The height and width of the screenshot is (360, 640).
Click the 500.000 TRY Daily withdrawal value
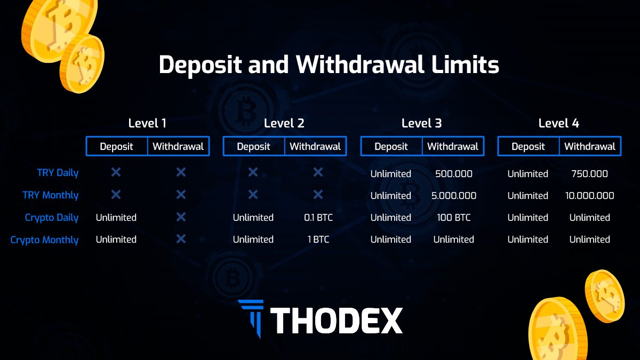pos(453,174)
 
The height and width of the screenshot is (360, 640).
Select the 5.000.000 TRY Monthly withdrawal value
pos(453,196)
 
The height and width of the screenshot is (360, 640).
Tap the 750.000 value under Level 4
pos(589,174)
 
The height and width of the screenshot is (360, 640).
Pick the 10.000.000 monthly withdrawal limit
pos(589,196)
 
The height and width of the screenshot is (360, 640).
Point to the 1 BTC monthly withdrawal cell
pos(318,239)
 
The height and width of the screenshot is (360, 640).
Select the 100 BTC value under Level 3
pos(453,218)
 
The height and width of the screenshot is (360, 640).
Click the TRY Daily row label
pos(58,173)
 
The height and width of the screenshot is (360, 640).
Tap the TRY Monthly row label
pos(51,195)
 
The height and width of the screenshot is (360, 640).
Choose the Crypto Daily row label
pos(52,218)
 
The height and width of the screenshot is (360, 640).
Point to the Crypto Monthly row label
pos(44,240)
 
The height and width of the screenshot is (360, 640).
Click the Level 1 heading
pos(147,123)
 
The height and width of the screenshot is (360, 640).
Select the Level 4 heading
pos(559,123)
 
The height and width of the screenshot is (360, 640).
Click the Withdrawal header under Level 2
pos(315,147)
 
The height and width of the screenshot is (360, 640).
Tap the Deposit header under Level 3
pos(391,147)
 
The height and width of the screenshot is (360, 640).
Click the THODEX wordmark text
pos(337,321)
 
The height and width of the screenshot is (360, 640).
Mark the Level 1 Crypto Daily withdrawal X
pos(181,217)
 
